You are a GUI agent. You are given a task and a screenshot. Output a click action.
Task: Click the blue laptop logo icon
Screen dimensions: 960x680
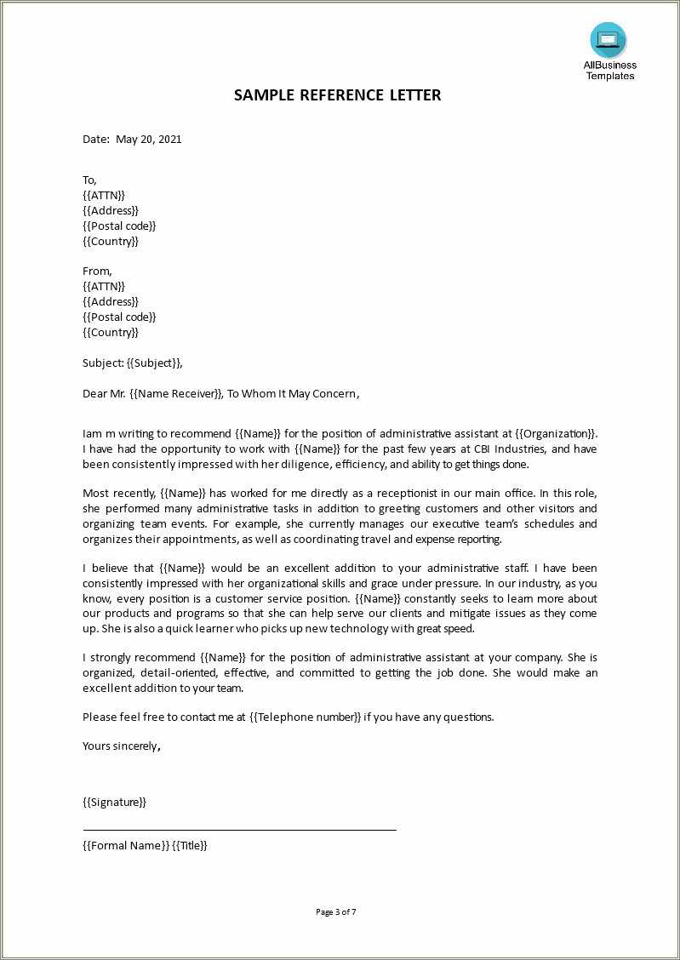(608, 40)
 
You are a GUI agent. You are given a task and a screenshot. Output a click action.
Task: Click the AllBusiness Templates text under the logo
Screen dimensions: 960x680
(609, 71)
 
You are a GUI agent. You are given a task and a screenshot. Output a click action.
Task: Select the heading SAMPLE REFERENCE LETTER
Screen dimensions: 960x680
(338, 95)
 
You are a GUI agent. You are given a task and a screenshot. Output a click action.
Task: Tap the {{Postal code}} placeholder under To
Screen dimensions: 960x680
(119, 226)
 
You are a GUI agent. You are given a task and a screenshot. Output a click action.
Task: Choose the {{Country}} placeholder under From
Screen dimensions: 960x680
(111, 332)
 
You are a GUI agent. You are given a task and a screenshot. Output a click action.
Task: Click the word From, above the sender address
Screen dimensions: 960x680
(97, 271)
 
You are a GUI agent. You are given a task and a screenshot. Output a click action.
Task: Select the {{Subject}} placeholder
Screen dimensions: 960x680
(153, 363)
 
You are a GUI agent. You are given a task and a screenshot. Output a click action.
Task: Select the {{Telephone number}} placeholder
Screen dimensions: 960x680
(305, 717)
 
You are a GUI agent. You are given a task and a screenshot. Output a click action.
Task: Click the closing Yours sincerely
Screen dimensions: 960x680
(120, 746)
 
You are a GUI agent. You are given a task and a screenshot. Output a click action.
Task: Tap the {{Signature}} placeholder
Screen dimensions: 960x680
(114, 802)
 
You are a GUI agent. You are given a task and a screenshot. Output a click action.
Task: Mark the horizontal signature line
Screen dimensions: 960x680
(239, 829)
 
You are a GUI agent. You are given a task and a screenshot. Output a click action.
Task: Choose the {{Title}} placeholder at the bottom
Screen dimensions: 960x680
(190, 845)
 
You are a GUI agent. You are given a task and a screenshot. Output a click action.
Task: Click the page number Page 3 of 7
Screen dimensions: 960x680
(335, 911)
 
